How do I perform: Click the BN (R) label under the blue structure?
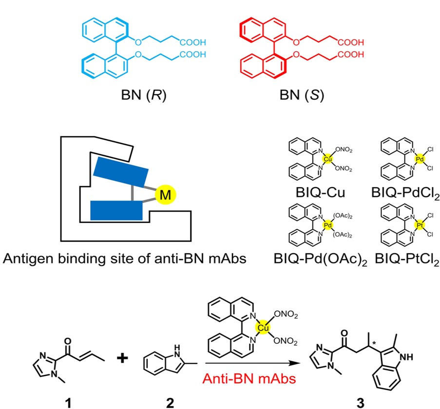143,94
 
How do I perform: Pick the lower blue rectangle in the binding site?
117,209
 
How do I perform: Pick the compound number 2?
168,402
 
